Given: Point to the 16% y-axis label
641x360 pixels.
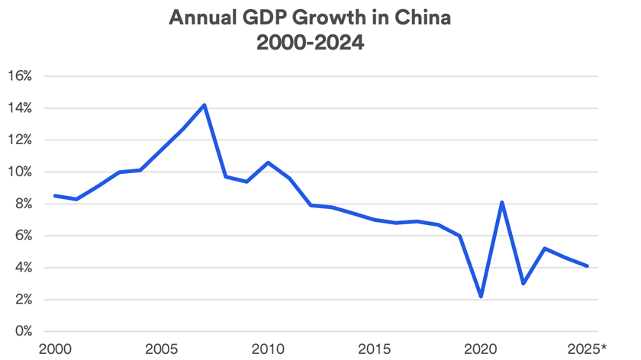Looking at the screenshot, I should pyautogui.click(x=20, y=76).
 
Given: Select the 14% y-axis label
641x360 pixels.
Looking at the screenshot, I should pyautogui.click(x=20, y=108).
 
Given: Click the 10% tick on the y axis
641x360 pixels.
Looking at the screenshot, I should pyautogui.click(x=20, y=172).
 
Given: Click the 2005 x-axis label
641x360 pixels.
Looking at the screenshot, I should pyautogui.click(x=163, y=349).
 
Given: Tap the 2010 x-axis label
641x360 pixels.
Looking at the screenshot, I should pyautogui.click(x=268, y=349).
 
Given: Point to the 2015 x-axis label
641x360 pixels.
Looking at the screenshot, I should pyautogui.click(x=375, y=349).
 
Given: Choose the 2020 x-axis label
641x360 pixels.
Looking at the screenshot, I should pyautogui.click(x=481, y=349).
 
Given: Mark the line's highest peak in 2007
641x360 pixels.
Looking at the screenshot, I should pyautogui.click(x=205, y=104).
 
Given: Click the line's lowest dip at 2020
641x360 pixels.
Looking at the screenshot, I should pyautogui.click(x=481, y=297).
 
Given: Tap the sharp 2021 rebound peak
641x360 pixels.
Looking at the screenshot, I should pyautogui.click(x=502, y=202).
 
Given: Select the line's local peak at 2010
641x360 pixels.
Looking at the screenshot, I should pyautogui.click(x=268, y=162).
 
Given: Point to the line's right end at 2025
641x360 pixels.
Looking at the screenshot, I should pyautogui.click(x=587, y=266).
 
